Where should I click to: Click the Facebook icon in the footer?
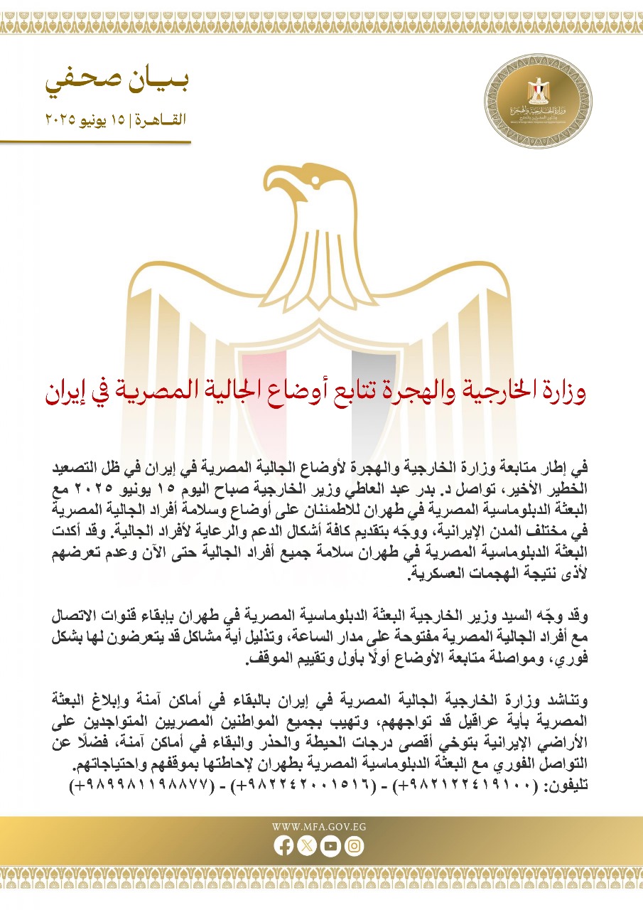[283, 846]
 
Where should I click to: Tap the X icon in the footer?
[307, 846]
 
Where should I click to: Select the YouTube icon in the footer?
[330, 846]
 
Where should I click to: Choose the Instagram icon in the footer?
[354, 846]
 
